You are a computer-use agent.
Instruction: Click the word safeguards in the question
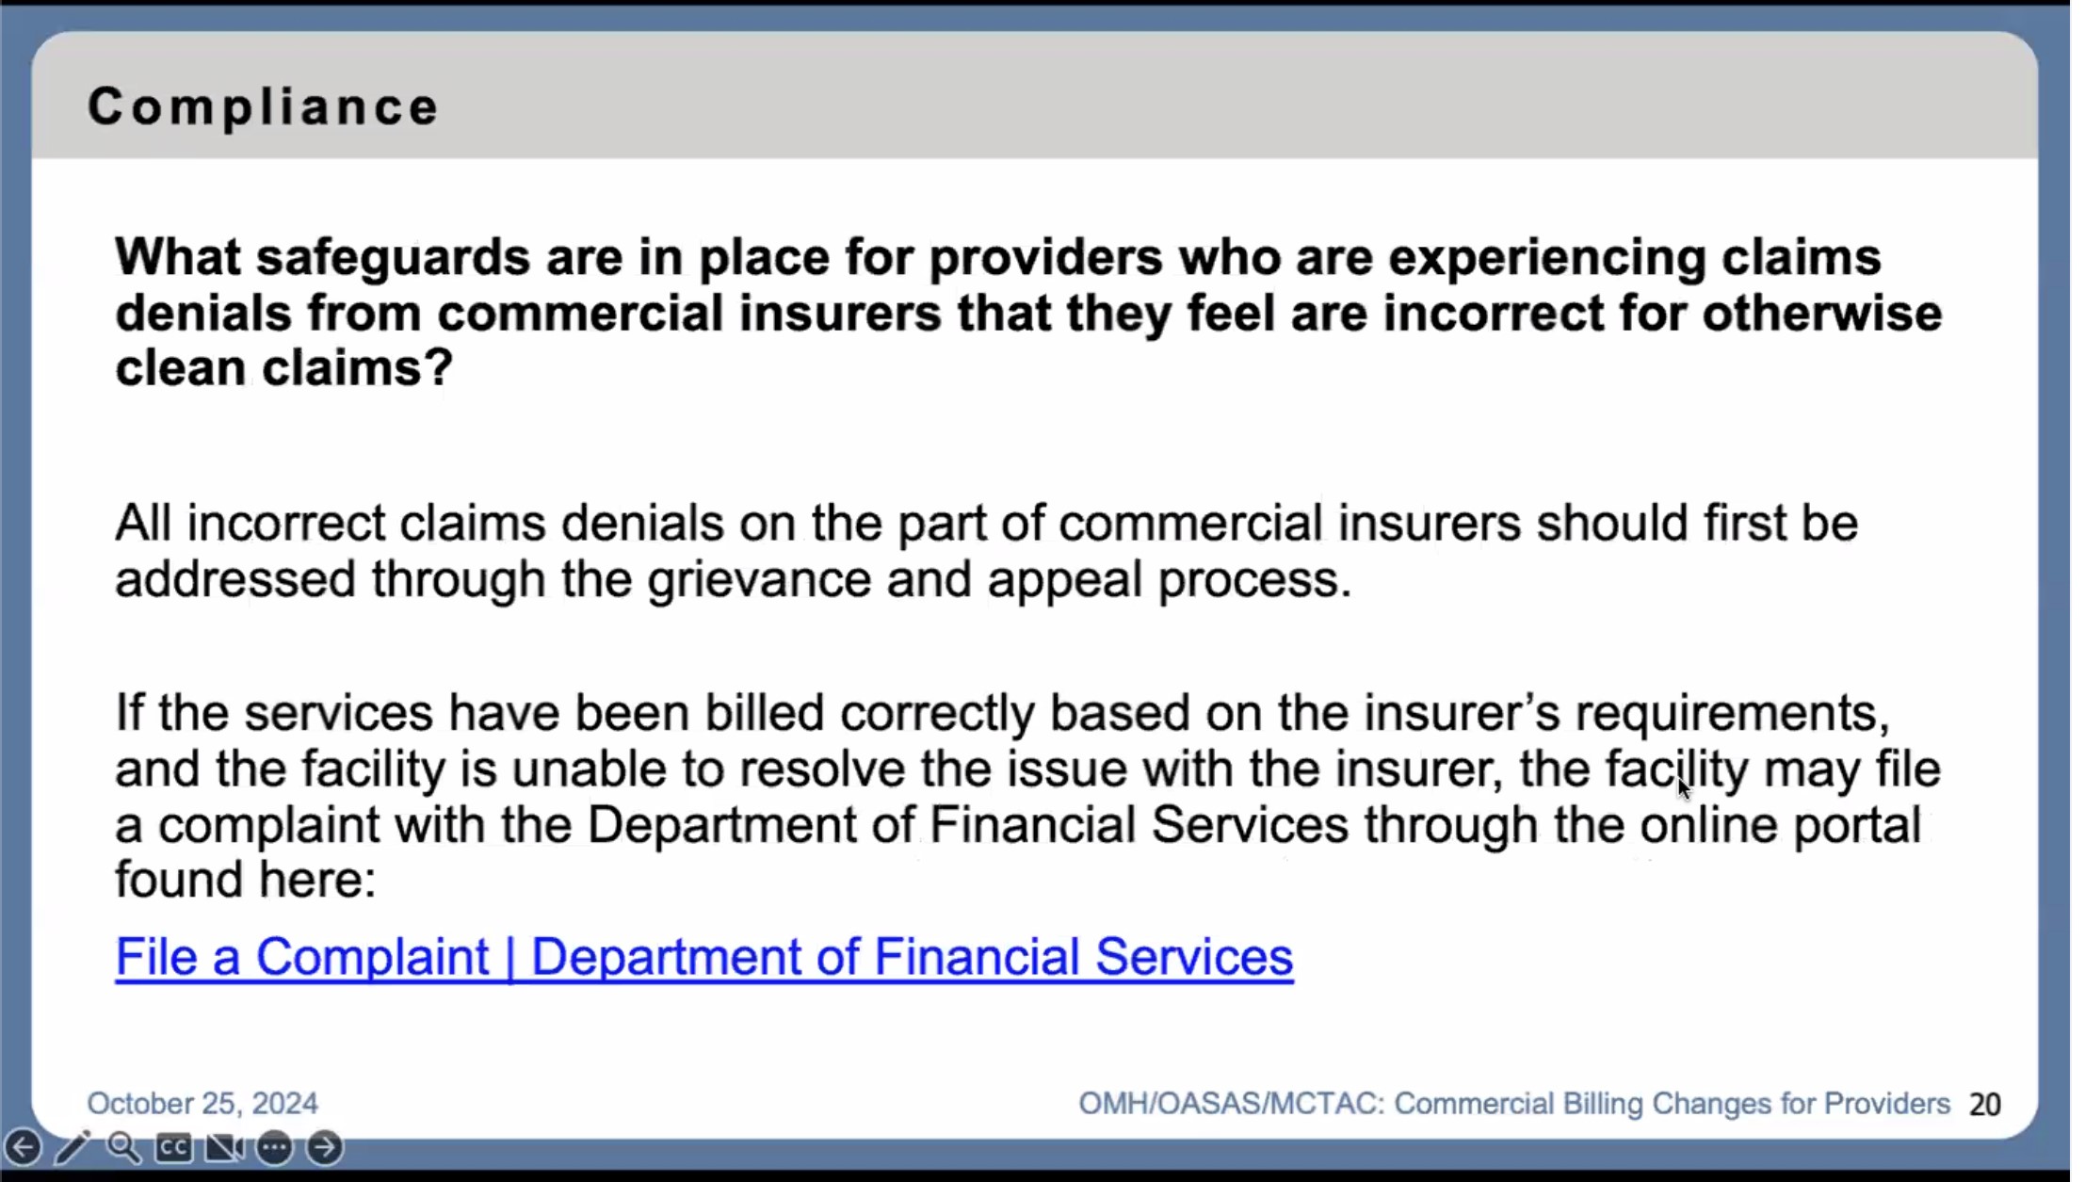coord(393,257)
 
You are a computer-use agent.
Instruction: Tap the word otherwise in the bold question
coord(1821,313)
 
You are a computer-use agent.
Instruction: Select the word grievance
coord(759,579)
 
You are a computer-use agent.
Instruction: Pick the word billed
coord(765,713)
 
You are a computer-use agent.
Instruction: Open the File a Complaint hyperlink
coord(704,958)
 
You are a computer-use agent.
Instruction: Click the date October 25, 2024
coord(202,1104)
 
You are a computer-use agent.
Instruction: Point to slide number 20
coord(1984,1105)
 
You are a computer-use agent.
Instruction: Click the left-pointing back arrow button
coord(23,1147)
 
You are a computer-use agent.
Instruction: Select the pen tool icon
coord(73,1147)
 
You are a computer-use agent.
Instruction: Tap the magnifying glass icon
coord(123,1147)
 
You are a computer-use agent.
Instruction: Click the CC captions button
coord(173,1147)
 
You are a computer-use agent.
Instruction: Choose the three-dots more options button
coord(275,1147)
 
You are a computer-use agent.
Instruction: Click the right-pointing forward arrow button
coord(325,1147)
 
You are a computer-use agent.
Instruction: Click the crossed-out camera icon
coord(224,1147)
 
